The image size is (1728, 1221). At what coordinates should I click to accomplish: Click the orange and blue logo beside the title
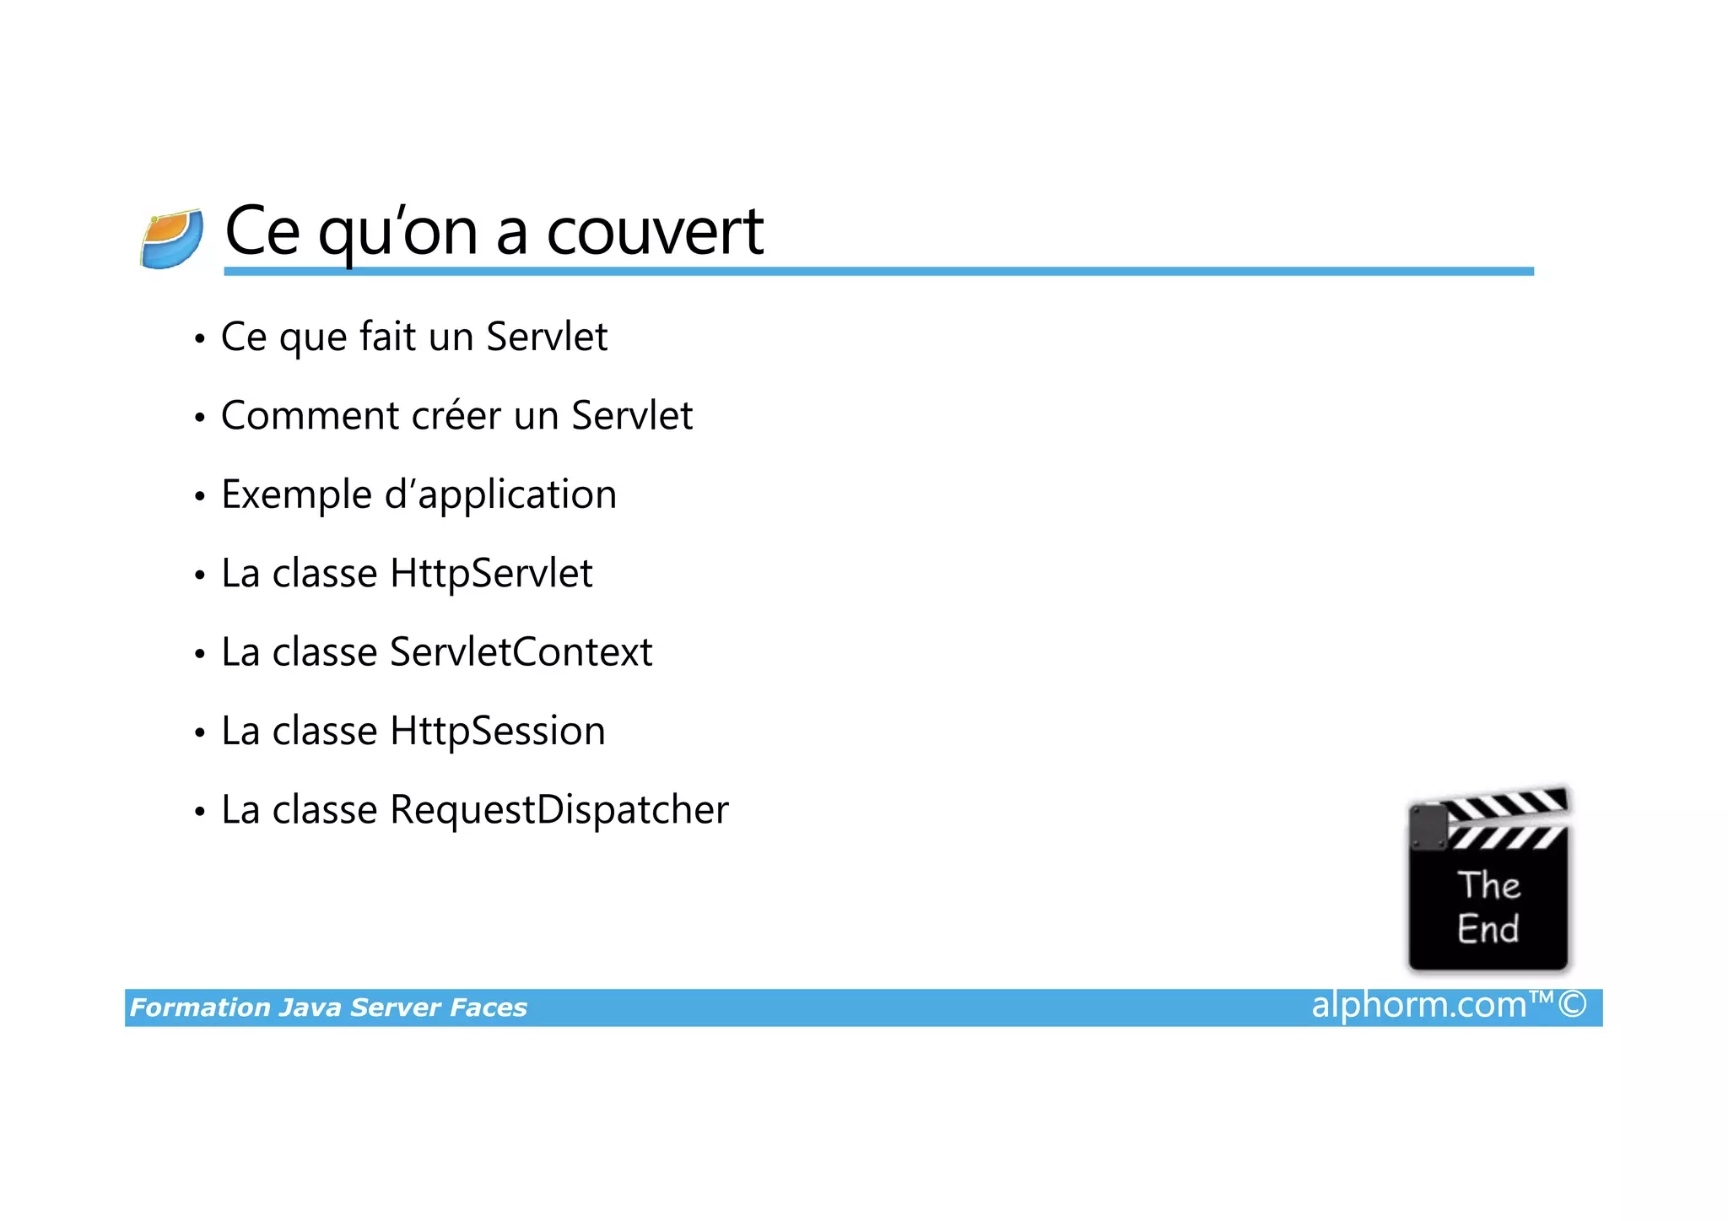point(172,239)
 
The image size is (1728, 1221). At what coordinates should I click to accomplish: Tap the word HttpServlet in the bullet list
point(491,574)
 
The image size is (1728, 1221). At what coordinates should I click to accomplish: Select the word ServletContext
point(521,652)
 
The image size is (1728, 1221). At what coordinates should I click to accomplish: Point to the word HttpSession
point(497,731)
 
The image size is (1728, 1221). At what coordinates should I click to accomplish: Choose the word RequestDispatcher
point(559,810)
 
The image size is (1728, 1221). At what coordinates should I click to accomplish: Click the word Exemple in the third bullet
point(296,495)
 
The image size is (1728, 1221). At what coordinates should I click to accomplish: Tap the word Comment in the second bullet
point(310,416)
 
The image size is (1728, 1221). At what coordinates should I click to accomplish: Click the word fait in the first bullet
point(387,337)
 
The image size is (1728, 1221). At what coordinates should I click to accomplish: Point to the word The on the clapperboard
point(1489,885)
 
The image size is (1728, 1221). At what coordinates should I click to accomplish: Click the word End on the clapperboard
point(1488,929)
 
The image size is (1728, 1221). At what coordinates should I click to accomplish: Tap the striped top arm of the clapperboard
point(1507,805)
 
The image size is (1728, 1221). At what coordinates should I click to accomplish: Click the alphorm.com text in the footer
point(1419,1005)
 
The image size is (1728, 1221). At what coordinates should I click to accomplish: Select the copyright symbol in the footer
point(1573,1005)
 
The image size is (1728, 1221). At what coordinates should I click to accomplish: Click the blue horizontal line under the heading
point(877,272)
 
